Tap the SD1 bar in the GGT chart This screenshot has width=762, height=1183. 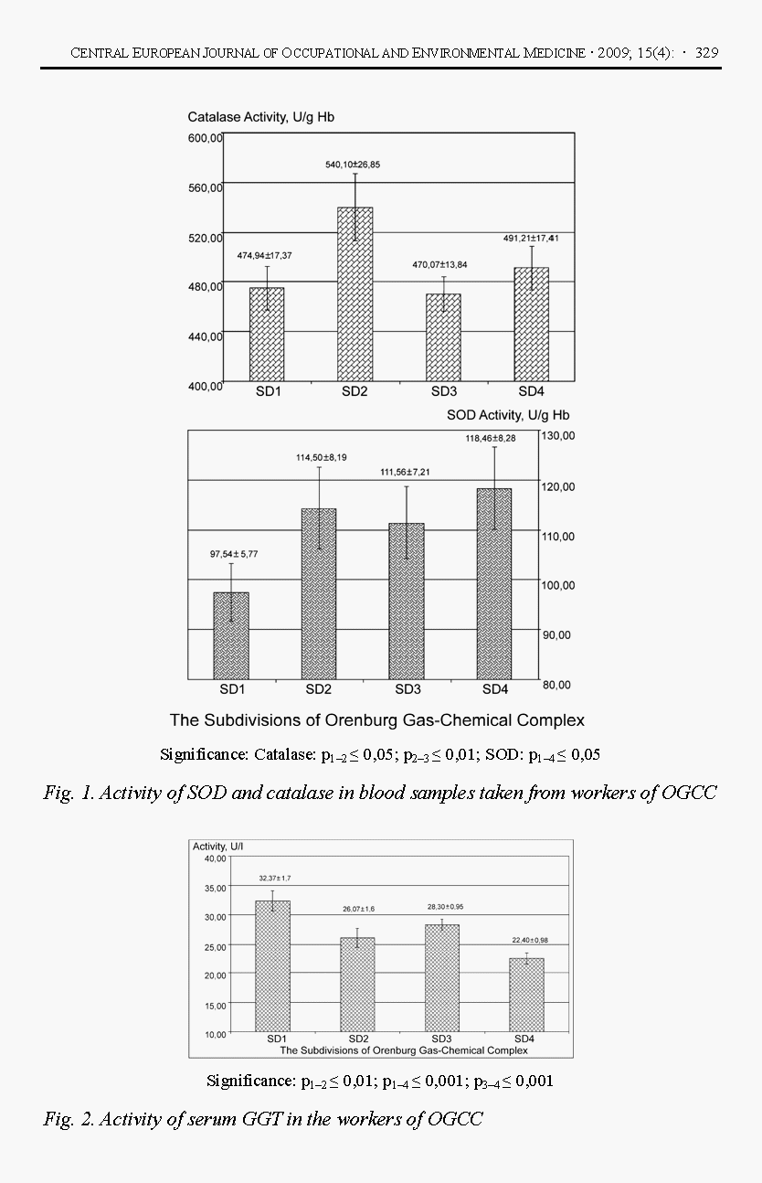pos(273,966)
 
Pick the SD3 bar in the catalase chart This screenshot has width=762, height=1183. pos(443,337)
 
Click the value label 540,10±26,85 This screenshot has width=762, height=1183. pos(355,165)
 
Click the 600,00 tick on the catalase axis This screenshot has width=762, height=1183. pos(206,138)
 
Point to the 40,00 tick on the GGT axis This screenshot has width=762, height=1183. pos(215,858)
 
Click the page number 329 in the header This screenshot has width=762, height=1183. pos(706,53)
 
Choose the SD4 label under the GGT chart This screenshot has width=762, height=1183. pos(524,1039)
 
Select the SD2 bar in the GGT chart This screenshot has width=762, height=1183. pos(357,986)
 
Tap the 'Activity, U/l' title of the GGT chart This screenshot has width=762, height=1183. pos(218,847)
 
